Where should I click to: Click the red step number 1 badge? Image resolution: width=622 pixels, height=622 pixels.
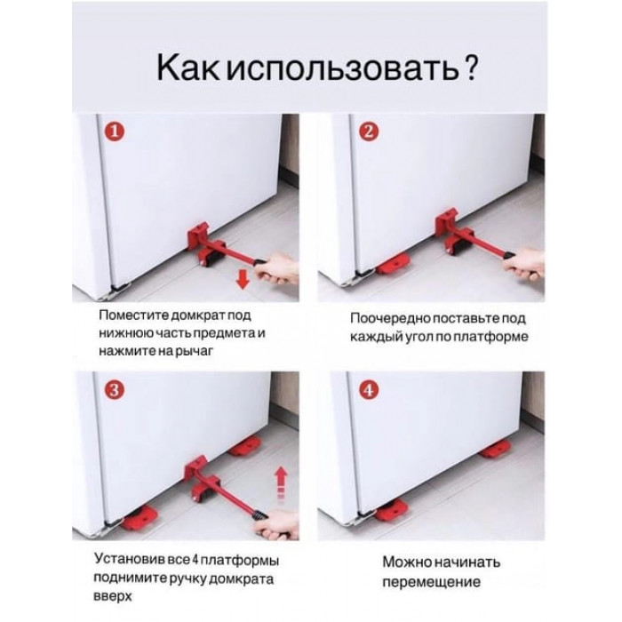tap(115, 132)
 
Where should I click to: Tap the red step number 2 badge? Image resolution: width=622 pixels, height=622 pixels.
tap(369, 132)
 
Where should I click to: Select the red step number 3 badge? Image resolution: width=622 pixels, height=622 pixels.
tap(114, 390)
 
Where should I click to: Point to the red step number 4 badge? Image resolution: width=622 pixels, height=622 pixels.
tap(369, 391)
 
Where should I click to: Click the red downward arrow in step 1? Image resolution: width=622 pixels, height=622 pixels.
tap(243, 281)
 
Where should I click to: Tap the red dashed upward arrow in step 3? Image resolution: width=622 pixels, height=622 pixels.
tap(281, 482)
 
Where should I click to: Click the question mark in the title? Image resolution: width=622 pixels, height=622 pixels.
tap(471, 68)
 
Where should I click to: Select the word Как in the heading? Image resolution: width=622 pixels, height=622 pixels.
tap(187, 68)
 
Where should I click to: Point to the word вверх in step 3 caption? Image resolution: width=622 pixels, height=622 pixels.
tap(113, 596)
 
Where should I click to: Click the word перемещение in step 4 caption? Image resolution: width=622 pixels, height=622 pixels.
tap(431, 582)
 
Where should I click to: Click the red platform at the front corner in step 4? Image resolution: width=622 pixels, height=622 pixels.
tap(392, 511)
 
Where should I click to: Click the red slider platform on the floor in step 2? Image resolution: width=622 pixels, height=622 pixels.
tap(394, 264)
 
